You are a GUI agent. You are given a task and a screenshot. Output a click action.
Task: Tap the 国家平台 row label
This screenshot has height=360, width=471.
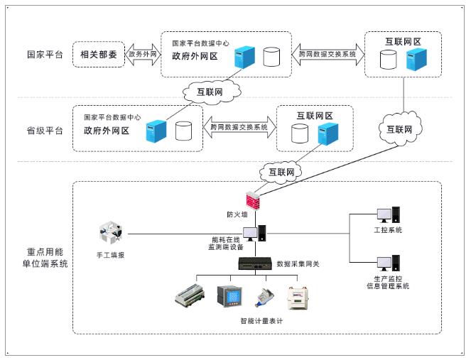44,55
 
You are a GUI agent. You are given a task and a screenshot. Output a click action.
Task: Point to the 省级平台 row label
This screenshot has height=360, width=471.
44,131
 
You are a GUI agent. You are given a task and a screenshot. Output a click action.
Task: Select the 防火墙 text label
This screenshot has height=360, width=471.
238,214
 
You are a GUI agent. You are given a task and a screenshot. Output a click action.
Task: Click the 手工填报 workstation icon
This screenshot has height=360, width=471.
110,234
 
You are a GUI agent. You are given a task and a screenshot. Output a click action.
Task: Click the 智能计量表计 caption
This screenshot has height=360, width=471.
262,321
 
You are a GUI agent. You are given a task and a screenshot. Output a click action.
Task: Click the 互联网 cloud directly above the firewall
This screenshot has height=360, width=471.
279,171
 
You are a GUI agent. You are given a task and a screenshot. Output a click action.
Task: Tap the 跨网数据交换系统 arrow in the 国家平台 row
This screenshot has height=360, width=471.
327,53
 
